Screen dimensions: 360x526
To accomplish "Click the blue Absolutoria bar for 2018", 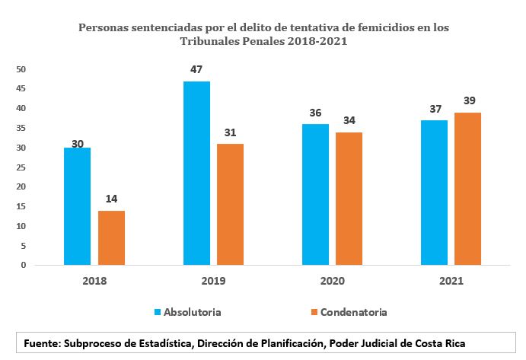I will [x=77, y=206].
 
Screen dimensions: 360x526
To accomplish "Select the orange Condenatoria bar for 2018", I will [x=111, y=237].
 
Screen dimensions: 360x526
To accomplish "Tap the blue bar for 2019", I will [x=196, y=173].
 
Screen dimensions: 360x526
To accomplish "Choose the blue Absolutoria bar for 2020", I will [x=316, y=194].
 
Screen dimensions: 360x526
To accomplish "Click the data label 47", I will [x=196, y=70].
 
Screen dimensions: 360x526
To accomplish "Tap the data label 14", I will [x=111, y=199].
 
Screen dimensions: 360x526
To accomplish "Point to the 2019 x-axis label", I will [x=213, y=281].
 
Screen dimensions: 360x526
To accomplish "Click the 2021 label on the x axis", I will [x=452, y=281].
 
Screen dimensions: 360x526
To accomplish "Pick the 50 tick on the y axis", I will [x=21, y=69].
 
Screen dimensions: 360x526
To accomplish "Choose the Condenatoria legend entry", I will [x=348, y=312].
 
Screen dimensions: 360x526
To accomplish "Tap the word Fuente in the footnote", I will [x=42, y=343].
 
